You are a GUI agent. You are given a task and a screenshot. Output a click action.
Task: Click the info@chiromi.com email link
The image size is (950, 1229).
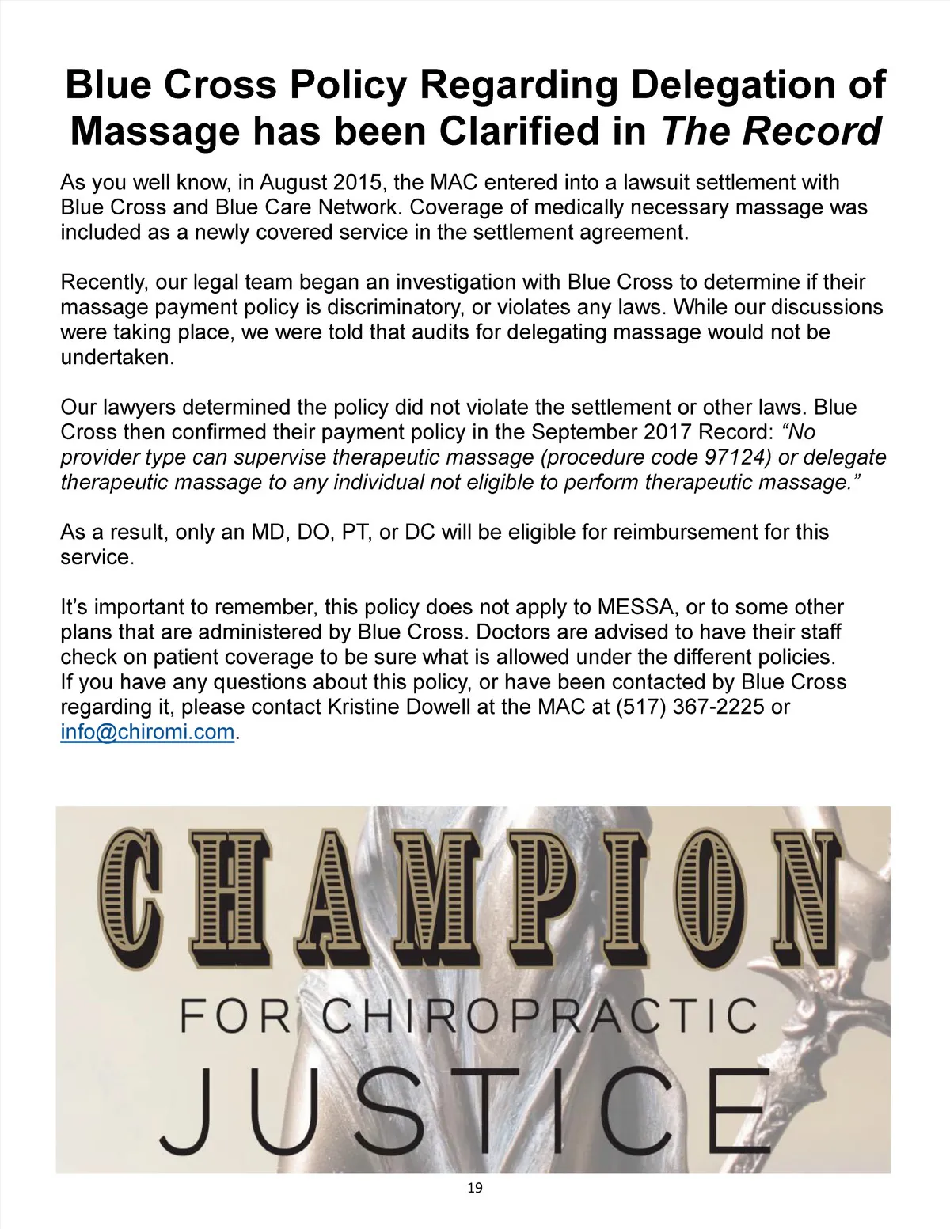(148, 732)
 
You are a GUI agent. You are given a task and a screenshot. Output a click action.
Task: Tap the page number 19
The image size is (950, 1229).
(475, 1187)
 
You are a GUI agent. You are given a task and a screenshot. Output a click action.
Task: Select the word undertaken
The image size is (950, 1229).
(116, 357)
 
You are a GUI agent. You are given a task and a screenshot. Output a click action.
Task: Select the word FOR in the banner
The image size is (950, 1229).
(235, 1015)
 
